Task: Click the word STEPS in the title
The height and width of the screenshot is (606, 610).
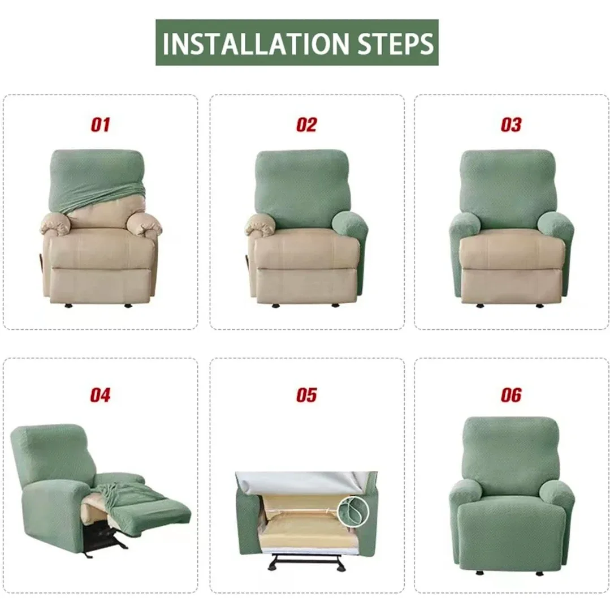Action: [390, 44]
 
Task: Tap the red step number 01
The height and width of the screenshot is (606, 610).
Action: [100, 125]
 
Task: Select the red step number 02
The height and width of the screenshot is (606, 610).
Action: [306, 125]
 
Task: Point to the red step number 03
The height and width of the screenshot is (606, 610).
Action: [511, 125]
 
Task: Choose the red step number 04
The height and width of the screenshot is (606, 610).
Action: [100, 395]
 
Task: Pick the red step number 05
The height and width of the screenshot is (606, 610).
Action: [306, 395]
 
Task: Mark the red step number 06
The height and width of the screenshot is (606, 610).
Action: [511, 395]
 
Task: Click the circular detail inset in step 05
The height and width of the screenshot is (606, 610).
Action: [353, 512]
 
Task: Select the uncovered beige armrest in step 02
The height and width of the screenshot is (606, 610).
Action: [260, 225]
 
